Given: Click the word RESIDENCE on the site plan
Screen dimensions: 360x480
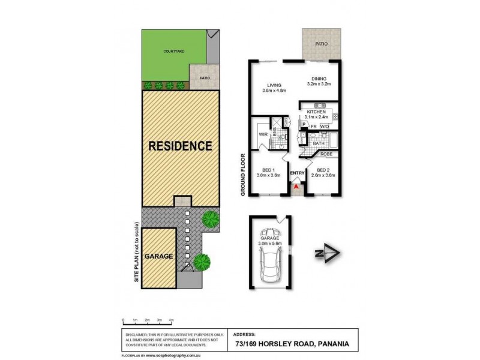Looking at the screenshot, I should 180,145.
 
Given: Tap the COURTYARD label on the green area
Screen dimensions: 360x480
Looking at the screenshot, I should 173,52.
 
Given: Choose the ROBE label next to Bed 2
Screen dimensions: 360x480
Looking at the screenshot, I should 326,154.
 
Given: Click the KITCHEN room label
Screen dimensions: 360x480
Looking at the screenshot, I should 316,112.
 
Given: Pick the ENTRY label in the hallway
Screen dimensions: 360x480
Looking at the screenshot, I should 296,173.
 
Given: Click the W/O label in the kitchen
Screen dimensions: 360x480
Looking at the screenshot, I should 325,127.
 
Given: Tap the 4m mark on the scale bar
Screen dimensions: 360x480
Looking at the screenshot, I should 172,321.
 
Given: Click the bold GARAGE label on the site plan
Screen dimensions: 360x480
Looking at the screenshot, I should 158,256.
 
